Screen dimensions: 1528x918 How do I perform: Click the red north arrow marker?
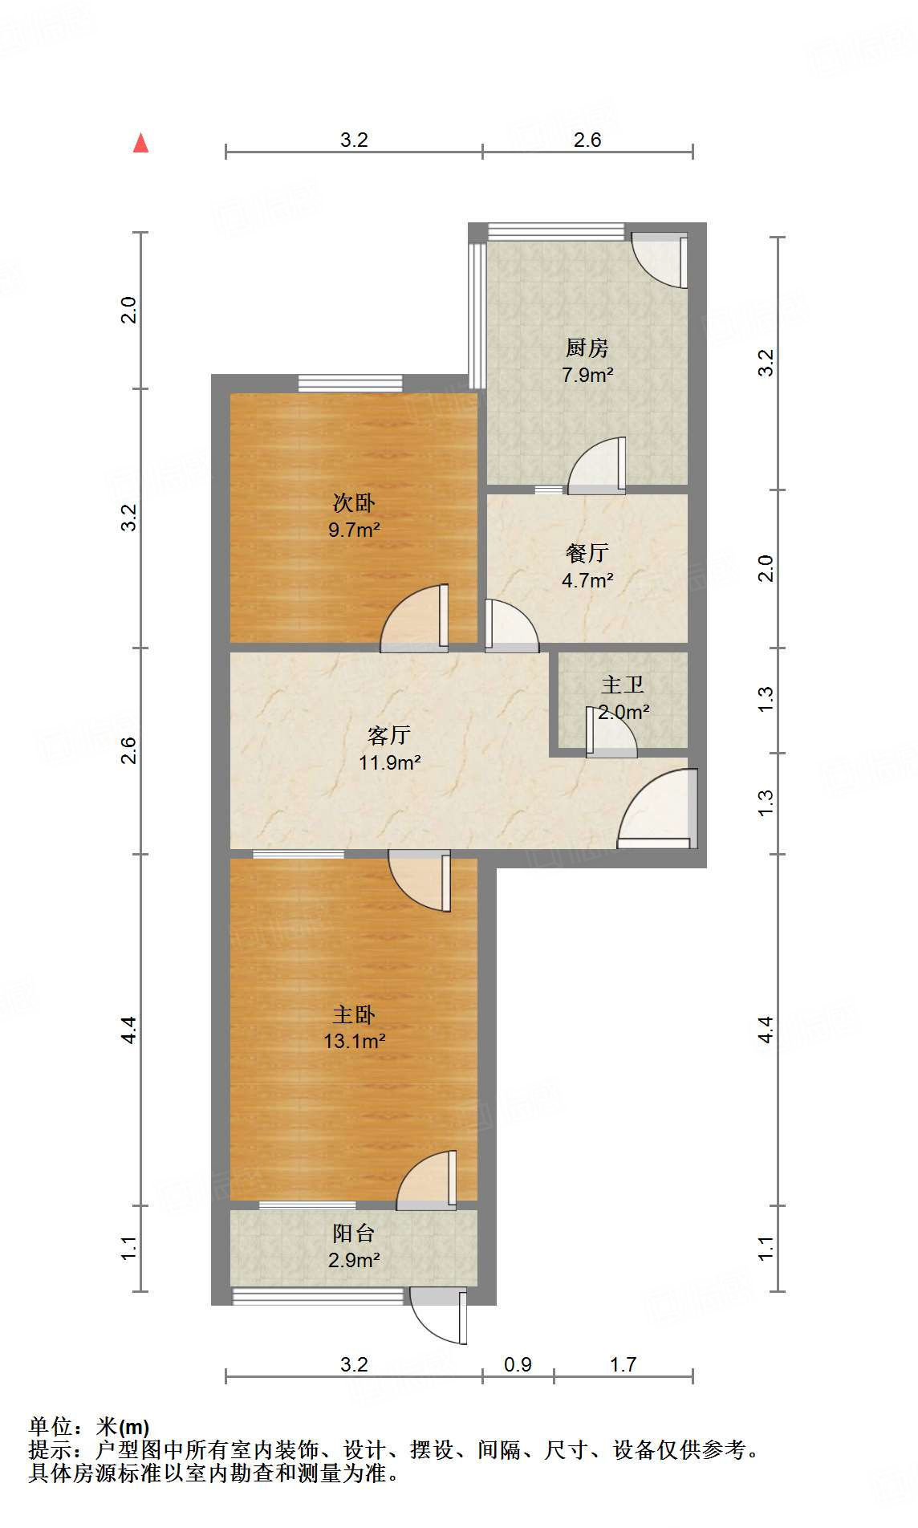tap(141, 143)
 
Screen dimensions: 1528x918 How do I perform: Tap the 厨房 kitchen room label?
tap(587, 347)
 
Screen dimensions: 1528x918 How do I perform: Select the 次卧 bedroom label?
tap(354, 503)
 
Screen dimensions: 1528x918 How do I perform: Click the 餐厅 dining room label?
tap(587, 553)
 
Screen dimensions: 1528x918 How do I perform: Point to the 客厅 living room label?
tap(389, 735)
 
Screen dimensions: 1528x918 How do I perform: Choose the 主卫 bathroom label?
tap(623, 685)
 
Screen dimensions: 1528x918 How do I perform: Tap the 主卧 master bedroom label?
tap(354, 1014)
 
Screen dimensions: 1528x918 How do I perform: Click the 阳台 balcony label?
tap(354, 1233)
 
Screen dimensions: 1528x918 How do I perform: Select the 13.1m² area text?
tap(354, 1042)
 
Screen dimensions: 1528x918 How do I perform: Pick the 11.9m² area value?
tap(389, 762)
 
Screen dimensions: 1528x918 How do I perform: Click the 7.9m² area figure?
tap(587, 375)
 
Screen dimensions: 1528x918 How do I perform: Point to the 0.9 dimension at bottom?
tap(518, 1364)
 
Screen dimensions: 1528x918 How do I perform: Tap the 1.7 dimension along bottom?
tap(623, 1364)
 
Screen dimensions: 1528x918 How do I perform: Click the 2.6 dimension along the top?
tap(587, 140)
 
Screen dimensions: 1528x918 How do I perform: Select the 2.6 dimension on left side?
tap(129, 750)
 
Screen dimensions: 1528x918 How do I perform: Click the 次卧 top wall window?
tap(351, 384)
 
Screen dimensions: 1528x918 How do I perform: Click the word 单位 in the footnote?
tap(51, 1426)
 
